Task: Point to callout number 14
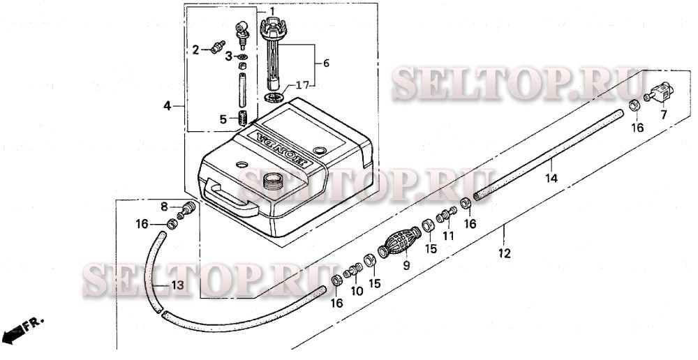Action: [551, 178]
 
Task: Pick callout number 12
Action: [505, 253]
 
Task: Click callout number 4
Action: [167, 106]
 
